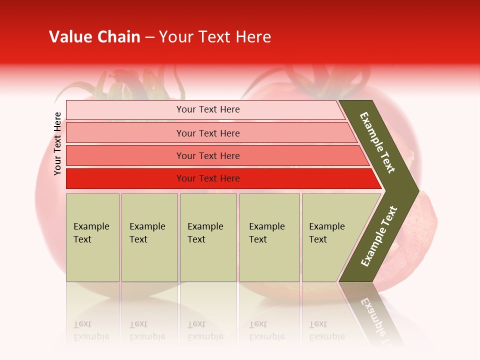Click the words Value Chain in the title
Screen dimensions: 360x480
tap(94, 37)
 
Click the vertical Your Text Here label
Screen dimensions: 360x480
tap(57, 143)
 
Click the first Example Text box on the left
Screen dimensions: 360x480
tap(92, 237)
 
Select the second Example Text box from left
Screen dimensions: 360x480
tap(149, 237)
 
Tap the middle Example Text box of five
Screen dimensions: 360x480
tap(208, 237)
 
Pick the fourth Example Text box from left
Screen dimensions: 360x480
tap(269, 237)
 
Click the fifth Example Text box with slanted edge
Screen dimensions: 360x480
tap(330, 237)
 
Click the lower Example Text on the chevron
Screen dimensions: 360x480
tap(379, 236)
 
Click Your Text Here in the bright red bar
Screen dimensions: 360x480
tap(208, 178)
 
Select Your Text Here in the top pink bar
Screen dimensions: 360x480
tap(208, 109)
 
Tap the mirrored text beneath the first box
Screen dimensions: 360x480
tap(91, 330)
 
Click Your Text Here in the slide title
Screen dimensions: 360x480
tap(215, 37)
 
